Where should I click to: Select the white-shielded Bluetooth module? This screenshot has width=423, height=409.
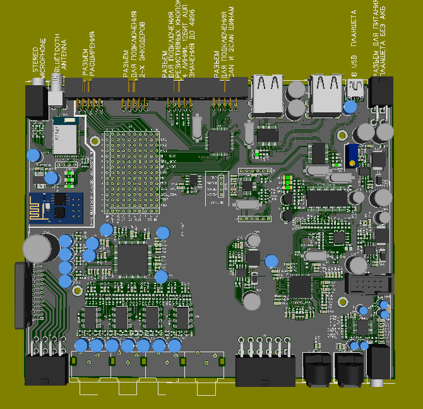[x=64, y=135]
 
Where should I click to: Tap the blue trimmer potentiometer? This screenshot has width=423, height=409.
[x=352, y=154]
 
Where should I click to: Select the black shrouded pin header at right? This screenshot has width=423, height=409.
[x=369, y=283]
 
